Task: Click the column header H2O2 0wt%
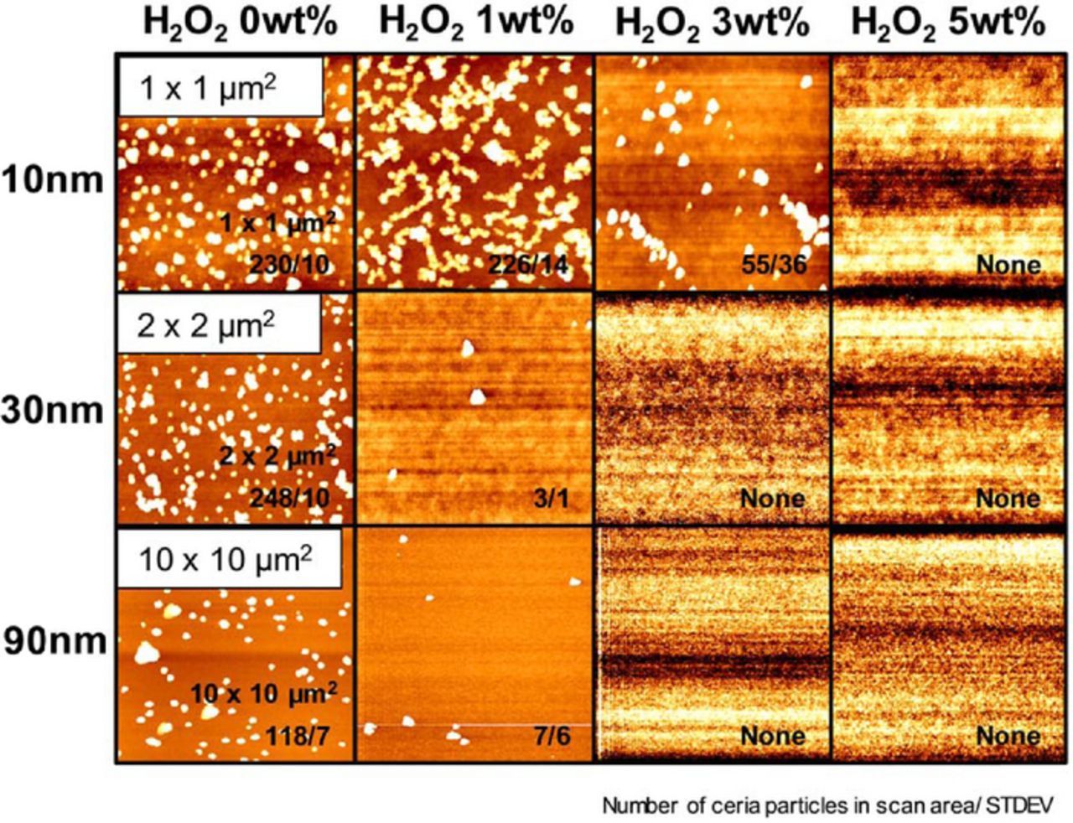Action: pyautogui.click(x=240, y=23)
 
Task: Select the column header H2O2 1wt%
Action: pyautogui.click(x=475, y=23)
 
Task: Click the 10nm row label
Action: pyautogui.click(x=54, y=179)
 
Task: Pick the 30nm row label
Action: pyautogui.click(x=54, y=411)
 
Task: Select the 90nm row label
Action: pyautogui.click(x=54, y=641)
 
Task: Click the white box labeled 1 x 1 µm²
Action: pyautogui.click(x=220, y=86)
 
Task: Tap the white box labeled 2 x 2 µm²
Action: pyautogui.click(x=218, y=324)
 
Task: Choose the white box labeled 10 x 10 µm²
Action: pyautogui.click(x=228, y=559)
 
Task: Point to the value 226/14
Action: pyautogui.click(x=527, y=265)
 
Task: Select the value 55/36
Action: pyautogui.click(x=774, y=265)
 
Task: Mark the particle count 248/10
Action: pyautogui.click(x=289, y=498)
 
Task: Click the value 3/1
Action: pyautogui.click(x=551, y=499)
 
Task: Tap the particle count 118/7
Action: pyautogui.click(x=298, y=737)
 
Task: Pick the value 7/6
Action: pyautogui.click(x=552, y=737)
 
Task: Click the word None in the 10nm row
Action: pyautogui.click(x=1008, y=265)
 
